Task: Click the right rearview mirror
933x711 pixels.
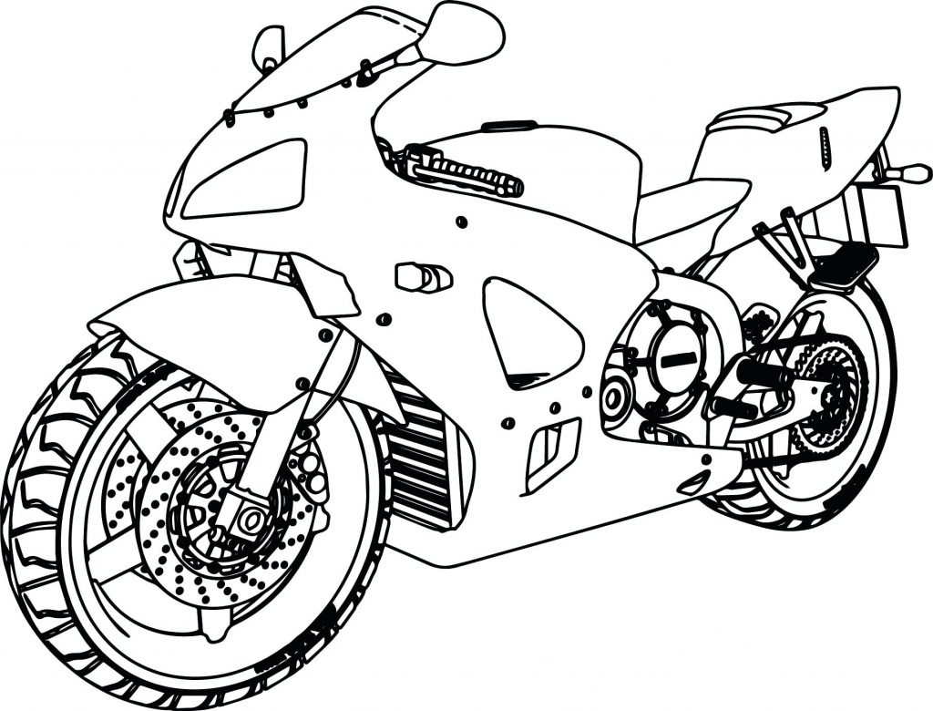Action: (x=465, y=34)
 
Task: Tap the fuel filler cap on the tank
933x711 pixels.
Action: (x=508, y=126)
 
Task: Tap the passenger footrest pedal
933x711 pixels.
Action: (x=844, y=264)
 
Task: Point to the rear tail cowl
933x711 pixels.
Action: (x=820, y=137)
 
